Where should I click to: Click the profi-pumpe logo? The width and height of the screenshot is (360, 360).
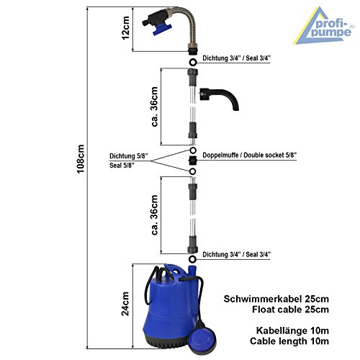tap(323, 26)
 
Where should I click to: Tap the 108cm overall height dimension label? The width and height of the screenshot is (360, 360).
tap(81, 158)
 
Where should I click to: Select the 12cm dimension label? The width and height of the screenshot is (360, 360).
tap(125, 28)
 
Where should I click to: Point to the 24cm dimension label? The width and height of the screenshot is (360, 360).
tap(125, 304)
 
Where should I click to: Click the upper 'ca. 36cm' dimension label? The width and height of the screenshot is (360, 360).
tap(154, 107)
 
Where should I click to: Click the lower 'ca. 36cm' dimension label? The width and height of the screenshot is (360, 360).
tap(154, 215)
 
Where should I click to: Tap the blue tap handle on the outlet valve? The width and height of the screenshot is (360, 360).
tap(162, 30)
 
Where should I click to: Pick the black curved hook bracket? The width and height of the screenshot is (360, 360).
tap(219, 99)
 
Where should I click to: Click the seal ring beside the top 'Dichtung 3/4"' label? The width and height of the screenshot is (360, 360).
tap(192, 62)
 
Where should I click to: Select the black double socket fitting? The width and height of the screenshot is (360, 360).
tap(192, 160)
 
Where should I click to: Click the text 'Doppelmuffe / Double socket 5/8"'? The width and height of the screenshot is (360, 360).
tap(250, 155)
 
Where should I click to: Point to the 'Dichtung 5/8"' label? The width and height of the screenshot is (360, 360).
tap(129, 156)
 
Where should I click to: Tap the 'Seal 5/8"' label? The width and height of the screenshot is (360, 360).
tap(122, 166)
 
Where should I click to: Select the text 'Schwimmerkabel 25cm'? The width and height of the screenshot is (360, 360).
tap(276, 299)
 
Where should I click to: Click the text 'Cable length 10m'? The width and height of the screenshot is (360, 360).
tap(289, 341)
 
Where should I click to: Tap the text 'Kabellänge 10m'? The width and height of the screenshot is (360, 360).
tap(292, 330)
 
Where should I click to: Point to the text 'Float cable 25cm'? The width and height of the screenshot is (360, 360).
tap(290, 310)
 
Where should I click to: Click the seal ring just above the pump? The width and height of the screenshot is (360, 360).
tap(192, 259)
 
